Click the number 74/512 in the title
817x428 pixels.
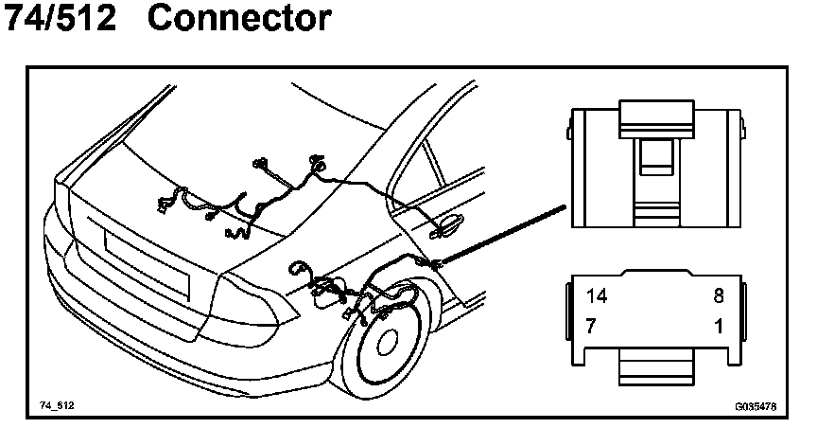[x=61, y=19]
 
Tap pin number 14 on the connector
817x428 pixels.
[x=597, y=295]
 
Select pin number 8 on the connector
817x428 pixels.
[x=718, y=295]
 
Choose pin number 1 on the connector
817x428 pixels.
[x=718, y=326]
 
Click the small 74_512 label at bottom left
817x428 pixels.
[x=57, y=405]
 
